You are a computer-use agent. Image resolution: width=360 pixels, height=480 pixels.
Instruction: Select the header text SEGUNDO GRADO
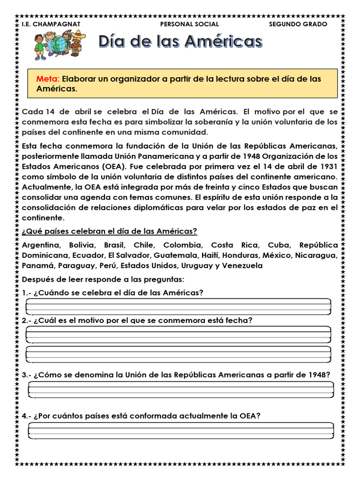click(x=298, y=24)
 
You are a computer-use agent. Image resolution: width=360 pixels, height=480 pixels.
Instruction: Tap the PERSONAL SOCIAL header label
click(x=189, y=24)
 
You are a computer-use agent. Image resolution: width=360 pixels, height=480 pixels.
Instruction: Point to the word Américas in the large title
click(x=223, y=42)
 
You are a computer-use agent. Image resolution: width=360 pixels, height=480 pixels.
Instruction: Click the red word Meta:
click(x=48, y=79)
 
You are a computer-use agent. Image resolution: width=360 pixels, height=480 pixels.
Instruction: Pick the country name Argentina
click(x=41, y=245)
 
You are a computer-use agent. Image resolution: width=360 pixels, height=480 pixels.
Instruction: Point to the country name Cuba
click(x=279, y=245)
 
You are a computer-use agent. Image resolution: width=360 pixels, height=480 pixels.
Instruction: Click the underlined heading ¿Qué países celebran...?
click(x=109, y=232)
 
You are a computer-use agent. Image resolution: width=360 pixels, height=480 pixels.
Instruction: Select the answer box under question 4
click(x=180, y=430)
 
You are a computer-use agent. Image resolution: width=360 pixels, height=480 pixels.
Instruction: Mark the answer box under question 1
click(x=178, y=307)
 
